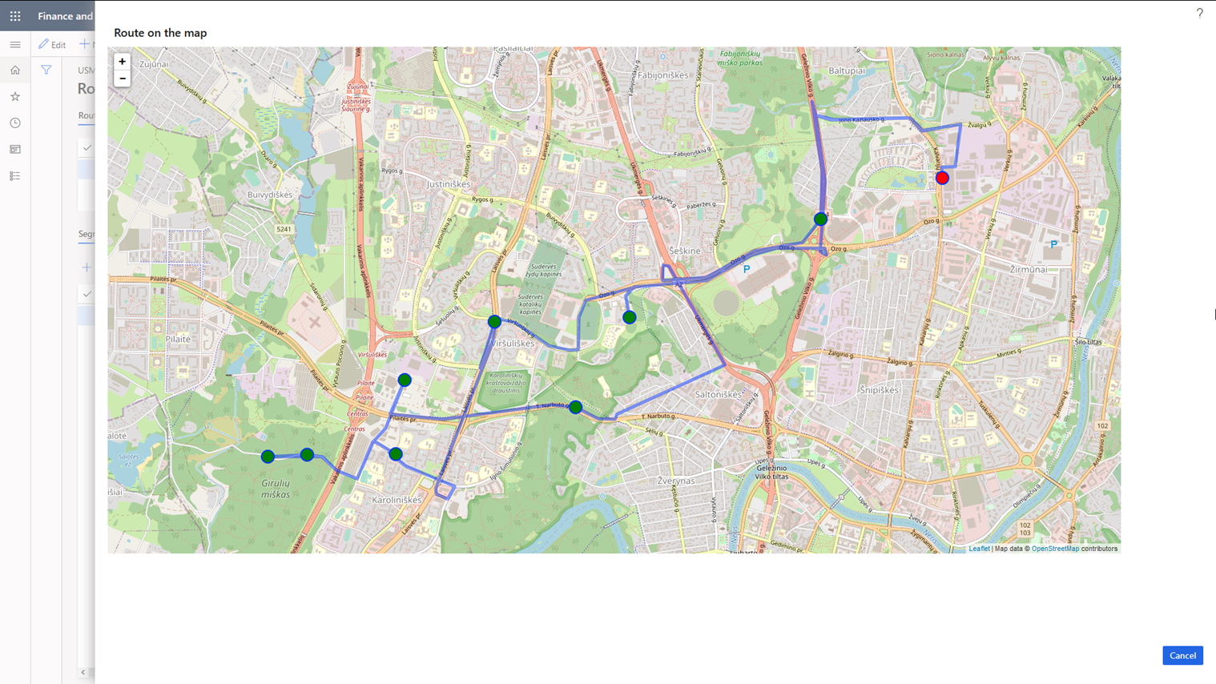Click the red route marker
(x=942, y=178)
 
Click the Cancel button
(x=1182, y=655)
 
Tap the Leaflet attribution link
(x=979, y=549)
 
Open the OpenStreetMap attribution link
(x=1055, y=549)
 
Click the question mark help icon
(x=1199, y=14)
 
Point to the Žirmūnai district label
(x=1028, y=269)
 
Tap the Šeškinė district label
(x=685, y=251)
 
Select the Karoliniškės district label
(x=397, y=500)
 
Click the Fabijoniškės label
(x=663, y=75)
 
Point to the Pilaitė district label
(x=178, y=339)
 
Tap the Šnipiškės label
(x=879, y=390)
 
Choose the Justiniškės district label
(x=449, y=184)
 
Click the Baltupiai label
(x=847, y=70)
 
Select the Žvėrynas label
(x=676, y=481)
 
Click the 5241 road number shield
(x=284, y=229)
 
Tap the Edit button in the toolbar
(x=52, y=45)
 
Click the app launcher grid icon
(x=15, y=16)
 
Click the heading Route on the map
(x=160, y=33)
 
